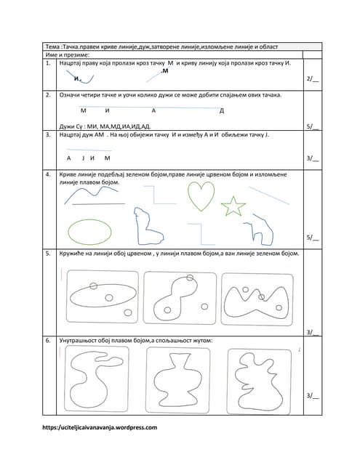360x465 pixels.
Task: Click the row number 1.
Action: tap(48, 63)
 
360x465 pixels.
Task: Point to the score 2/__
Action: tap(313, 78)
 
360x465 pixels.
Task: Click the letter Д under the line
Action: tap(221, 111)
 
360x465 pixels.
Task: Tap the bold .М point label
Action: tap(164, 71)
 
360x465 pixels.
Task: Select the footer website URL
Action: tap(100, 427)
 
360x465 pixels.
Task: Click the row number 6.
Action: tap(48, 341)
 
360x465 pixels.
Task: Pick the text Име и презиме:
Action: tap(68, 55)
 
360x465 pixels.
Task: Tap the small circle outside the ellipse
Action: tap(128, 312)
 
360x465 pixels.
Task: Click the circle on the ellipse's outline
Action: tap(94, 286)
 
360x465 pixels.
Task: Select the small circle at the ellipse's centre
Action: tap(109, 297)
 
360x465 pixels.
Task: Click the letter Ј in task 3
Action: tap(83, 158)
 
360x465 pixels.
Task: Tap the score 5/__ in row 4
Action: tap(313, 238)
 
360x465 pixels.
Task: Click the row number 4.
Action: tap(48, 174)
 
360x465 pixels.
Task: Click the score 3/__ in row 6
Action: tap(313, 395)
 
